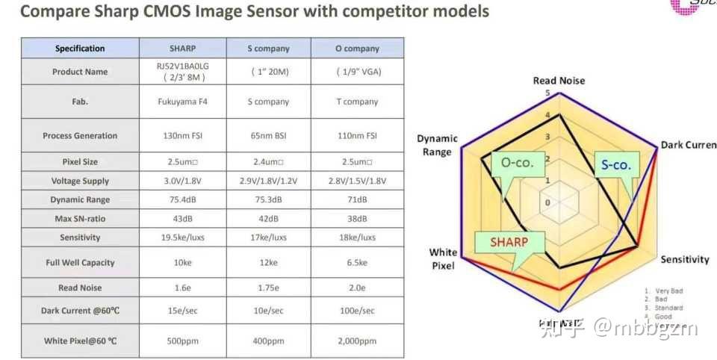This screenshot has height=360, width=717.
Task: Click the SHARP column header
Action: (181, 49)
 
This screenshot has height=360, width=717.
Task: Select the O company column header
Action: (357, 49)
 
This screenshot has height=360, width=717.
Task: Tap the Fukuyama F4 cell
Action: (181, 102)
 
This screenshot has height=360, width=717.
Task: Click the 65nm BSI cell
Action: (267, 136)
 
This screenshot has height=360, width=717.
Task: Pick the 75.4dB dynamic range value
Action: (181, 200)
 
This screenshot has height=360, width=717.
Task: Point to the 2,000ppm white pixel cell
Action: (357, 341)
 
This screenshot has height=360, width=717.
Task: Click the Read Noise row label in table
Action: (80, 288)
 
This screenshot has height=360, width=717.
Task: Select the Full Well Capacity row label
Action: (80, 263)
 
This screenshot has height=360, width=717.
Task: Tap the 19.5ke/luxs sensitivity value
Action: (181, 238)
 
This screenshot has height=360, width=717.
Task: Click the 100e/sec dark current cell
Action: (357, 311)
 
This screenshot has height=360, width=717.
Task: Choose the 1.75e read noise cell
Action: (267, 288)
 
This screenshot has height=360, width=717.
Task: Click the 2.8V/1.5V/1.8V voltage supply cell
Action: (357, 181)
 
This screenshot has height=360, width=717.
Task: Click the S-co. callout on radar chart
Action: (615, 164)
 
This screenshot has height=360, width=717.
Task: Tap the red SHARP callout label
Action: (509, 242)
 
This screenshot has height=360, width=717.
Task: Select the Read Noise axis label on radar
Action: (559, 81)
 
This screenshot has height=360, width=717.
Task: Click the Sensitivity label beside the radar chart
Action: (684, 260)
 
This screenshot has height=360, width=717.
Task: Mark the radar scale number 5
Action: (547, 93)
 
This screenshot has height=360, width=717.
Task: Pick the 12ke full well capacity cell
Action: (267, 263)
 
